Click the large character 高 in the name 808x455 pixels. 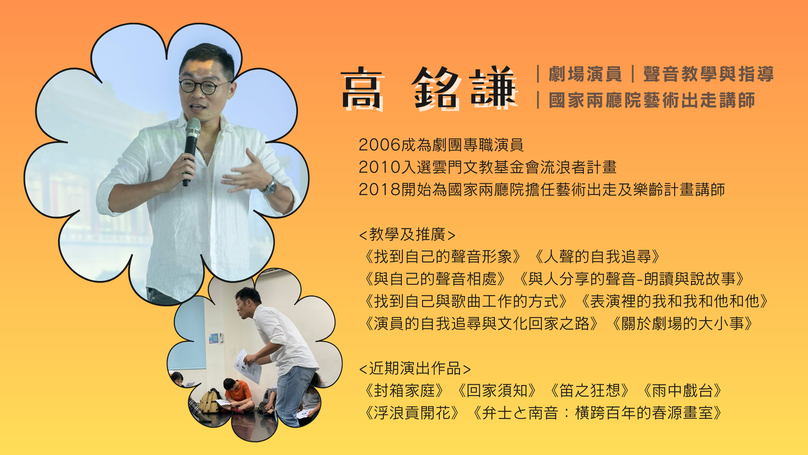(x=363, y=88)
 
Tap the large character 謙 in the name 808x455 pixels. (x=494, y=88)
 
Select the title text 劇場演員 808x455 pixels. (x=585, y=74)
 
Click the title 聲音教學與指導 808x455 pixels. (x=709, y=74)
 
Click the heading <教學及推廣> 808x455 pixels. (x=407, y=234)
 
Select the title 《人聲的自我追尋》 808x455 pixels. (x=597, y=257)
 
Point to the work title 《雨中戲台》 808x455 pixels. (x=682, y=391)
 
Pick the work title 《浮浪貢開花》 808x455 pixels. (x=412, y=413)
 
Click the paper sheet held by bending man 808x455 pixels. (x=247, y=366)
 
